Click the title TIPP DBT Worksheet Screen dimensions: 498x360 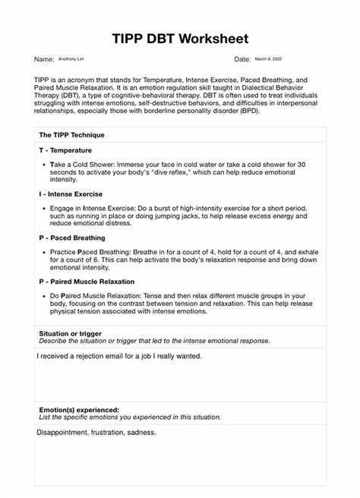(x=179, y=38)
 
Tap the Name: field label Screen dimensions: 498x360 (x=44, y=59)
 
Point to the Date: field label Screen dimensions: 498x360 (x=242, y=59)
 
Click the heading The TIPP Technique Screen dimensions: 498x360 (x=71, y=134)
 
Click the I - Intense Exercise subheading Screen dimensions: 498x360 (x=76, y=194)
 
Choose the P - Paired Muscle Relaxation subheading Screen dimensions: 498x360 (x=92, y=281)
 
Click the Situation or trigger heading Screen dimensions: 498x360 (x=70, y=333)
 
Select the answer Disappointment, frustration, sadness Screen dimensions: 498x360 (x=96, y=433)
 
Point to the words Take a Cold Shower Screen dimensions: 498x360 (x=83, y=164)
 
